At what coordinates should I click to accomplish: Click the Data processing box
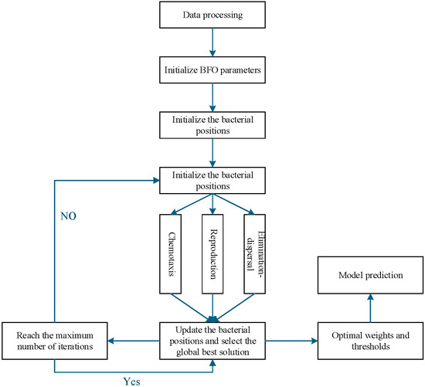point(212,15)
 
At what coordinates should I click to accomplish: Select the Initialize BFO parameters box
point(212,70)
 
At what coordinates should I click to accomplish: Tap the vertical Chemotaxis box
point(171,254)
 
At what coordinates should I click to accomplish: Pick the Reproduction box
point(212,254)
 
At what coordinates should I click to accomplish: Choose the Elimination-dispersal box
point(254,254)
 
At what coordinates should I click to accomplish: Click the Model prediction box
point(370,275)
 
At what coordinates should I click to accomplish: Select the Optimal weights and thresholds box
point(370,341)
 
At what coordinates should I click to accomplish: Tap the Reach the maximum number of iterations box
point(55,341)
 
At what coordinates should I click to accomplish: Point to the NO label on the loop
point(68,216)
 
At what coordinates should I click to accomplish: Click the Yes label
point(132,382)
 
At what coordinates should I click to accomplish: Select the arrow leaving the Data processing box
point(212,42)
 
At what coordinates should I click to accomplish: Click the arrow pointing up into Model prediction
point(370,308)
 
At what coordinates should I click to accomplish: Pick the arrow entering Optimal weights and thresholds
point(291,341)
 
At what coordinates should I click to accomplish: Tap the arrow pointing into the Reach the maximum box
point(134,341)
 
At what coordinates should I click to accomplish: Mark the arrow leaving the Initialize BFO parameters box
point(212,97)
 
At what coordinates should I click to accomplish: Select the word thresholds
point(371,347)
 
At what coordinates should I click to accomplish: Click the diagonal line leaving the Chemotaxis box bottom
point(192,307)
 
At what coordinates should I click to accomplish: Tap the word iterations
point(76,347)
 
